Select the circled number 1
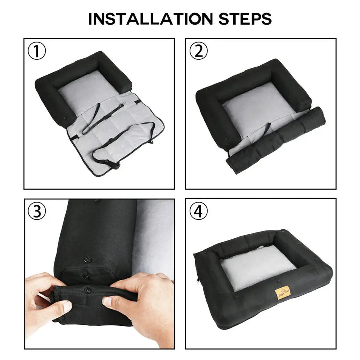tap(37, 52)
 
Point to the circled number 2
tap(198, 51)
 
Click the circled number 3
tap(37, 212)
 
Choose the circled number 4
tap(198, 212)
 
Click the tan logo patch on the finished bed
tap(282, 292)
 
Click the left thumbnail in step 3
tap(65, 306)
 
